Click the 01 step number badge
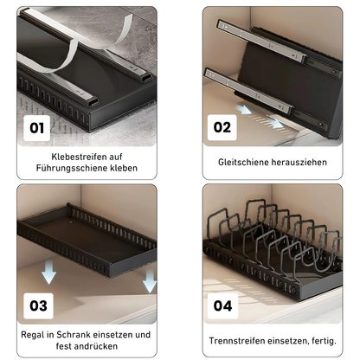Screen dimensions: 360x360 36,128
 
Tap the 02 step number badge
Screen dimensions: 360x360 223,128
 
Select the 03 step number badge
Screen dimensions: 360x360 38,305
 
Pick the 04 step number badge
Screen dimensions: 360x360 223,305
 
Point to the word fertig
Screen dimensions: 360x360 328,340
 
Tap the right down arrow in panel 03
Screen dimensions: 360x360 149,281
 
